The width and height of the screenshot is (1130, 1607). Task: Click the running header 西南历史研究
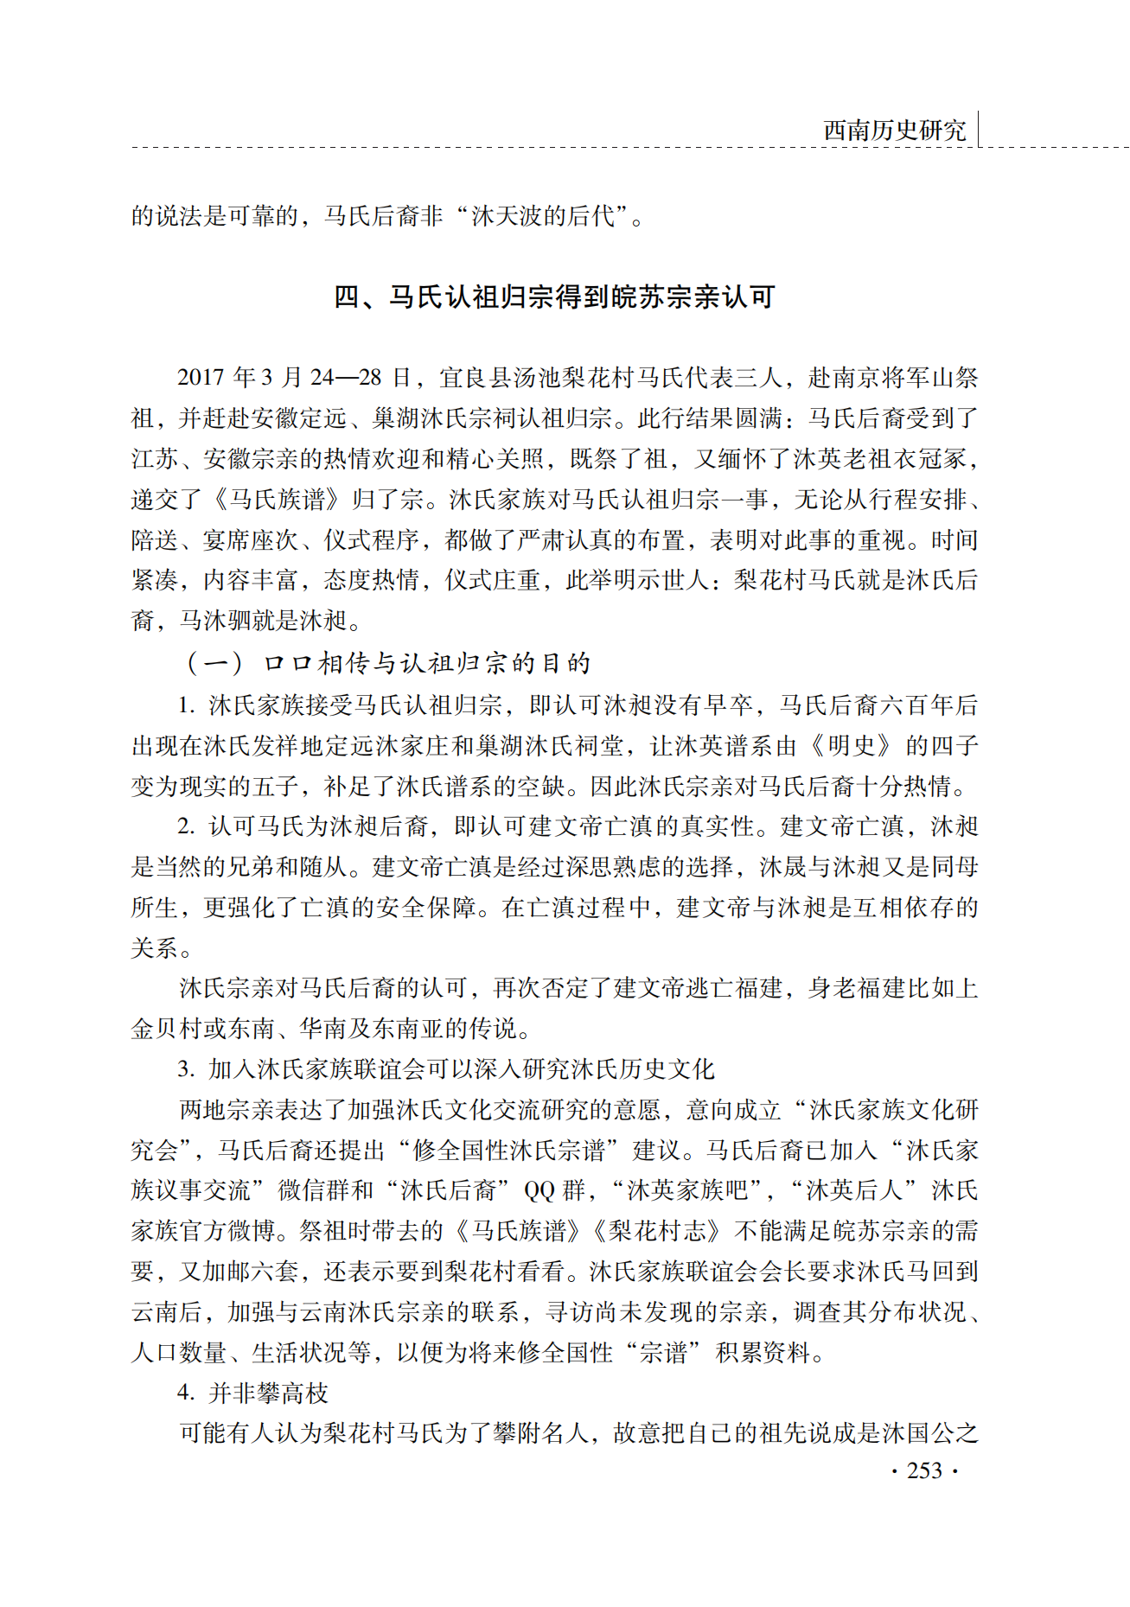click(x=894, y=131)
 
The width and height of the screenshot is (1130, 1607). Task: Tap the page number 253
click(x=924, y=1470)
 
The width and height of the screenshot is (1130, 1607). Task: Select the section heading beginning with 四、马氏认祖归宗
click(x=554, y=297)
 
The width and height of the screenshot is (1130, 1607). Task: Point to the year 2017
click(x=201, y=378)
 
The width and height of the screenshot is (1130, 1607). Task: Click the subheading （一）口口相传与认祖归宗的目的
click(x=386, y=663)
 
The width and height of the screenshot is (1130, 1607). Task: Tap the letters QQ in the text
click(x=540, y=1190)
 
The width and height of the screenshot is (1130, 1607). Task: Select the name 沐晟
click(x=783, y=866)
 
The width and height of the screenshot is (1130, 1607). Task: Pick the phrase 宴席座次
click(x=251, y=540)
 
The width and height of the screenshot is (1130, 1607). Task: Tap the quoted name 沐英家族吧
click(x=686, y=1190)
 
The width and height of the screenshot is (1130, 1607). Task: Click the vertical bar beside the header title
click(x=979, y=129)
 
